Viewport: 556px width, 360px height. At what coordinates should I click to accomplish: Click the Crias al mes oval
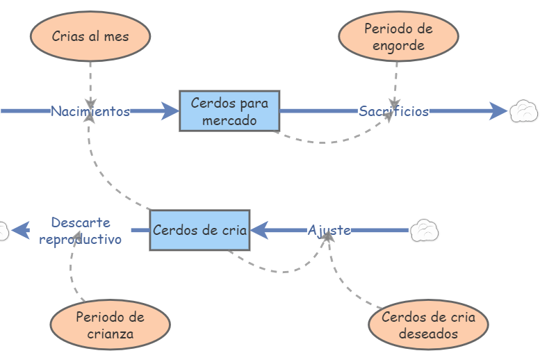[90, 36]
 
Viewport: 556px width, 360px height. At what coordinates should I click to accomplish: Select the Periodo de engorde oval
[398, 38]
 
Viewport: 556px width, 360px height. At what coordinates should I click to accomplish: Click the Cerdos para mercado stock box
[229, 111]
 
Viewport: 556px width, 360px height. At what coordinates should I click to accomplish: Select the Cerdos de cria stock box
[199, 230]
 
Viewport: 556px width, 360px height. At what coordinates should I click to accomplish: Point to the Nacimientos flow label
[90, 111]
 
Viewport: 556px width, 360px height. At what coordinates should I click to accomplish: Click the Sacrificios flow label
[393, 111]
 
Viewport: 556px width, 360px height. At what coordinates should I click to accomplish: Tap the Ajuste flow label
[329, 230]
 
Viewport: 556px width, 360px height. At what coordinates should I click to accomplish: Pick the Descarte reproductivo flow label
[80, 231]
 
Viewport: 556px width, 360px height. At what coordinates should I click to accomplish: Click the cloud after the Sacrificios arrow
[524, 111]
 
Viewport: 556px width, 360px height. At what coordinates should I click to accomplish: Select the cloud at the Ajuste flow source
[424, 230]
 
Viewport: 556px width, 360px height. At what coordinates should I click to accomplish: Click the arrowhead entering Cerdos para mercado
[170, 111]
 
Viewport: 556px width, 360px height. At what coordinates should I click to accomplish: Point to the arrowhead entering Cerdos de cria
[259, 230]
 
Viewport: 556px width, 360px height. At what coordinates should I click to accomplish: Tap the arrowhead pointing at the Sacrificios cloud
[498, 111]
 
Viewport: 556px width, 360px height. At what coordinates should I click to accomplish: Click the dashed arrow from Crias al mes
[90, 80]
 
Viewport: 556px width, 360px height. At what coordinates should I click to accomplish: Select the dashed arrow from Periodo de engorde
[395, 83]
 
